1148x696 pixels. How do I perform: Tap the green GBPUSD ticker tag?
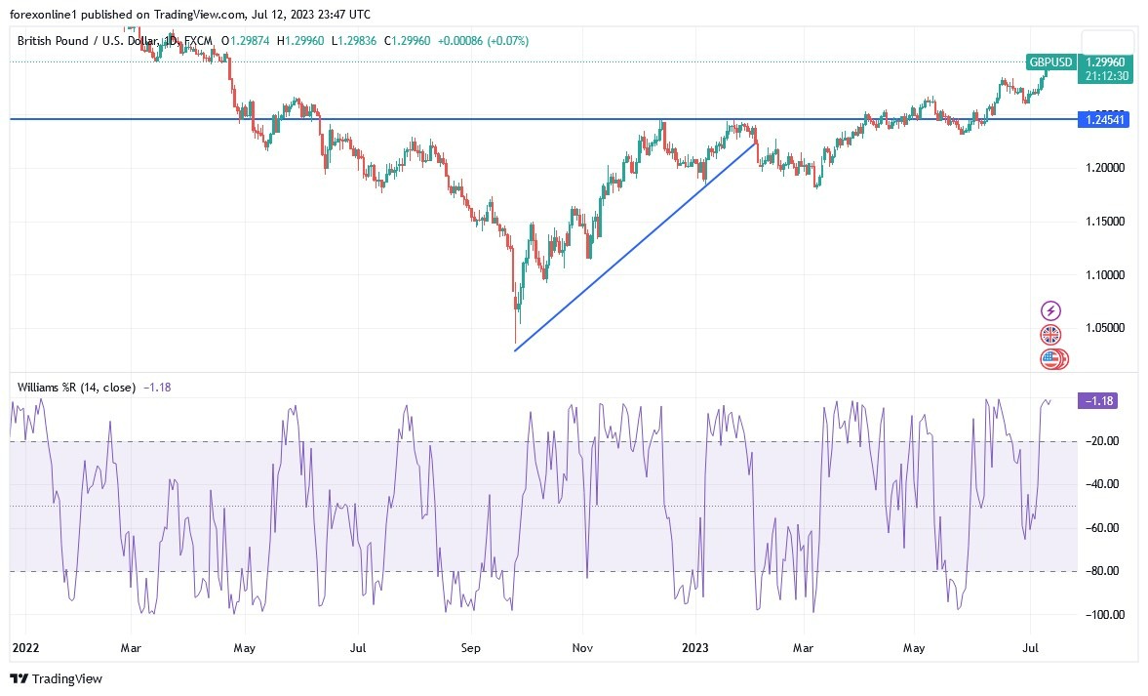[1050, 62]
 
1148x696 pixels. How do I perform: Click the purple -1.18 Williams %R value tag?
[1097, 400]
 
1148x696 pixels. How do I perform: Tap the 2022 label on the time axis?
[25, 647]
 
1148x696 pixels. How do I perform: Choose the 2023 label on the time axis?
[694, 647]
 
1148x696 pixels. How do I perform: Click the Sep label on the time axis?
[471, 647]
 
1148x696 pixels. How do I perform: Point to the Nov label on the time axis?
[582, 647]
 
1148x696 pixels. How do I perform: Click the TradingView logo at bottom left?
[56, 678]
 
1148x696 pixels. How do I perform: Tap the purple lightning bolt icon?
[1051, 311]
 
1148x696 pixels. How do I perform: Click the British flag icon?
[1051, 335]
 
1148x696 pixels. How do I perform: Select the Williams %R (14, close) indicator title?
[76, 388]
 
